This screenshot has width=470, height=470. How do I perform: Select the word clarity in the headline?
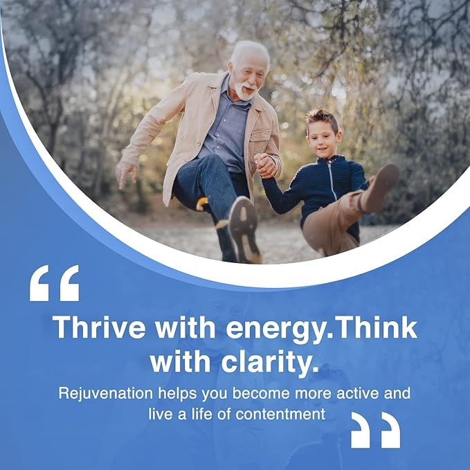pyautogui.click(x=271, y=361)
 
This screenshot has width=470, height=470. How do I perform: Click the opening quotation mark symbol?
pyautogui.click(x=54, y=282)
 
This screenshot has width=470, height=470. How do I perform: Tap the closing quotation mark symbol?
pyautogui.click(x=375, y=430)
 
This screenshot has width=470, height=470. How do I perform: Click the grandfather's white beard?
pyautogui.click(x=243, y=89)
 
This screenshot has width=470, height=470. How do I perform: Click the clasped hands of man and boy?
pyautogui.click(x=266, y=166)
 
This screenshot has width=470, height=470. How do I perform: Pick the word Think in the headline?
pyautogui.click(x=377, y=327)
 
